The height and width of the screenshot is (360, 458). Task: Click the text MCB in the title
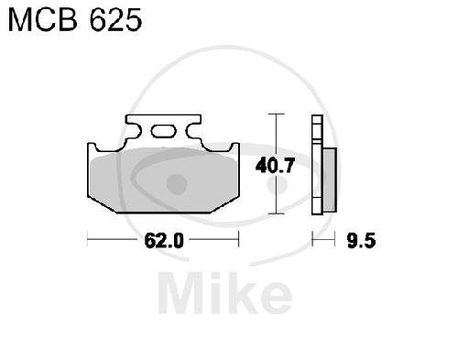coord(42,20)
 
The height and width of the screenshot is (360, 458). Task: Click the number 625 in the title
coord(116,20)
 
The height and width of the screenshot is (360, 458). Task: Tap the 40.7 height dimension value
coord(275,166)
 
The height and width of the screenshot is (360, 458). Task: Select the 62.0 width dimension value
coord(164,240)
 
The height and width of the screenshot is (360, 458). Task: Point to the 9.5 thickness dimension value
coord(361,241)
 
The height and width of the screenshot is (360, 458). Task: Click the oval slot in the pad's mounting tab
coord(164,131)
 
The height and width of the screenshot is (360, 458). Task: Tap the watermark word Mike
coord(225,292)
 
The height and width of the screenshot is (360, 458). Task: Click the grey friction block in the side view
coord(330,180)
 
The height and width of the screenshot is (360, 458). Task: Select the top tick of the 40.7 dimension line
coord(276,114)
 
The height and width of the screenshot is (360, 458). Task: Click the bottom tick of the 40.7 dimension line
coord(276,213)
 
